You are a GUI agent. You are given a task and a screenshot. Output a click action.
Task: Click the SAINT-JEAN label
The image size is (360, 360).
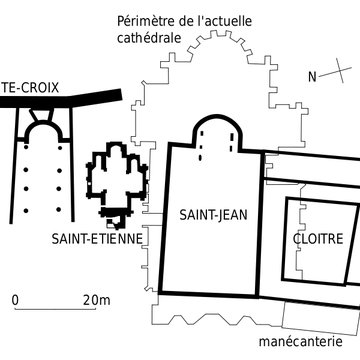(208, 214)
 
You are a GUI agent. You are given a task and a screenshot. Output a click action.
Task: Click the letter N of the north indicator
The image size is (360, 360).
(312, 77)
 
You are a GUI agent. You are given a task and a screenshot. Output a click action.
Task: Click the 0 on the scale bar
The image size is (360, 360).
(15, 299)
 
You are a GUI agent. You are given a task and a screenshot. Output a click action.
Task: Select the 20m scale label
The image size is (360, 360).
(96, 299)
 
